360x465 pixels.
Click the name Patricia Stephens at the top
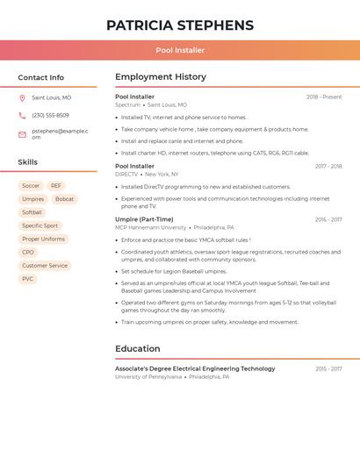click(180, 25)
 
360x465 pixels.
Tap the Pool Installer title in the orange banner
click(180, 50)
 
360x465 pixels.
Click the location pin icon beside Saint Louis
click(22, 97)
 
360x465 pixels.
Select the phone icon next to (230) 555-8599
click(22, 115)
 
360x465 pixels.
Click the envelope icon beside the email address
click(22, 134)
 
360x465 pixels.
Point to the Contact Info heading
click(41, 77)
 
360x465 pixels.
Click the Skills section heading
click(28, 162)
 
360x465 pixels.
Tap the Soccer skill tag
click(31, 186)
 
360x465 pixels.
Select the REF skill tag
click(56, 186)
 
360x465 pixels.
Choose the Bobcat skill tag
click(64, 199)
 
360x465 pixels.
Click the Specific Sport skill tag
click(40, 225)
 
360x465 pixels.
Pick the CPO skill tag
click(28, 252)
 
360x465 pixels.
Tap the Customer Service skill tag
click(45, 265)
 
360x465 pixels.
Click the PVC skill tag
click(28, 279)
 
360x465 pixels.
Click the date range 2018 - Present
click(324, 97)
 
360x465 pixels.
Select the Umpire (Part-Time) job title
click(144, 219)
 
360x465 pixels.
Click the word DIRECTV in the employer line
click(126, 175)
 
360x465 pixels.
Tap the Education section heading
click(138, 349)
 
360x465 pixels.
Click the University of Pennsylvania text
click(148, 377)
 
